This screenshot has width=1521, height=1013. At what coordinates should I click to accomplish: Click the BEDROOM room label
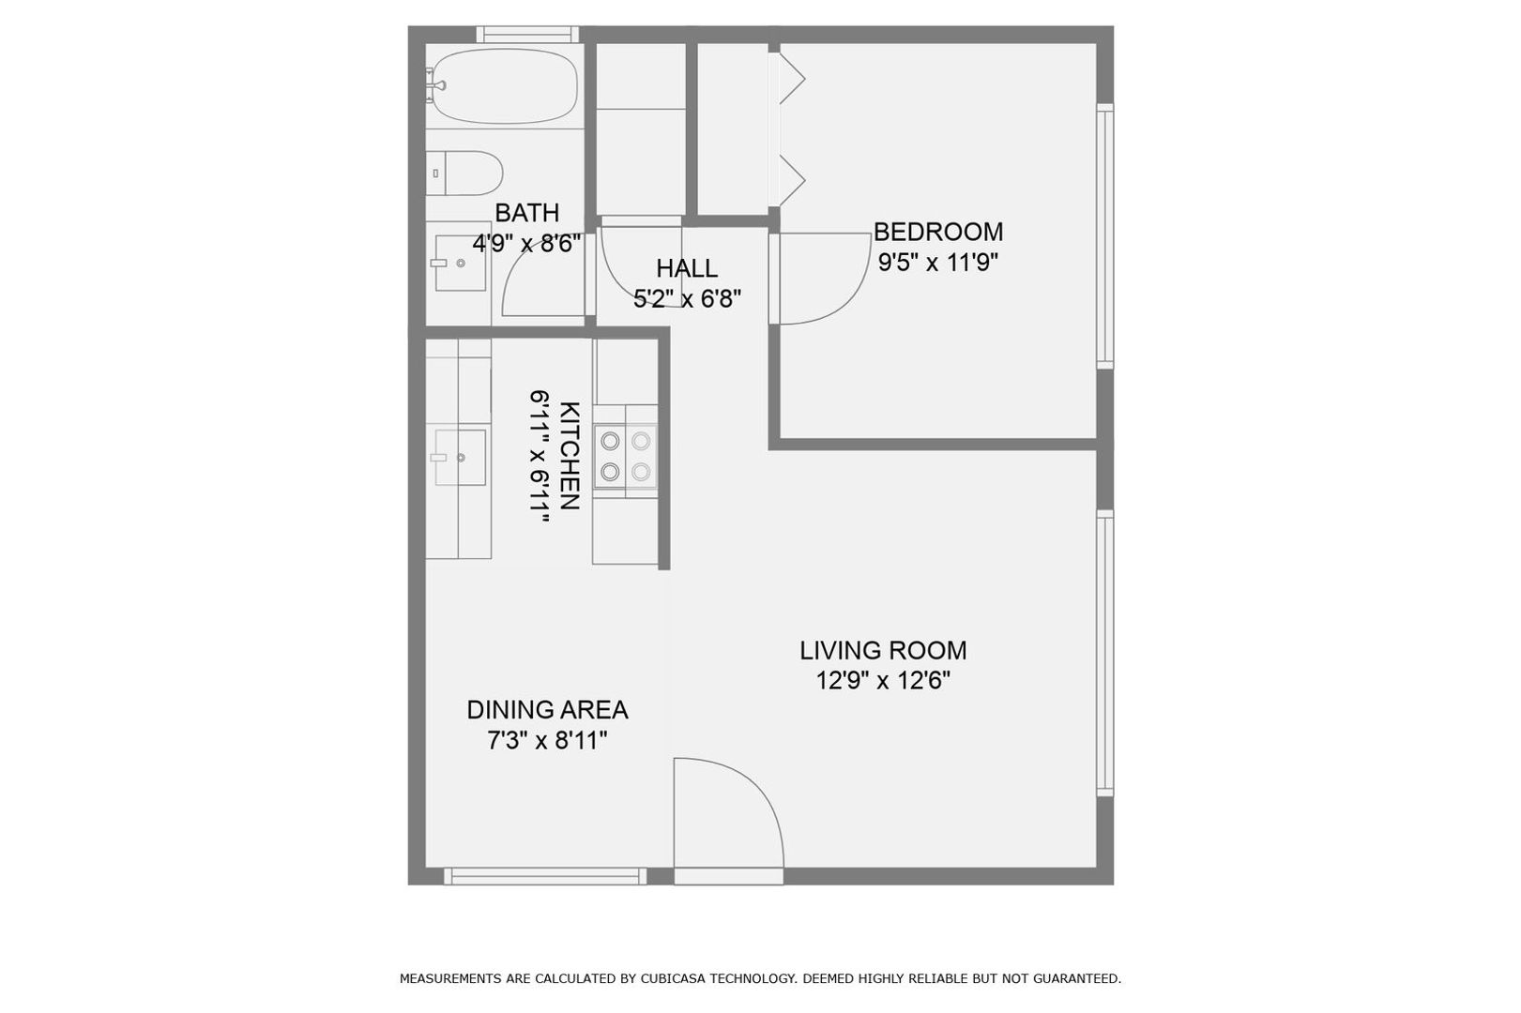tap(937, 233)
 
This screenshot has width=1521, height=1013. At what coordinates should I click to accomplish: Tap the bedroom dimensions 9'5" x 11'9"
tap(937, 262)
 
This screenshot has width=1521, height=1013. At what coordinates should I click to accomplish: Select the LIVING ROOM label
tap(883, 650)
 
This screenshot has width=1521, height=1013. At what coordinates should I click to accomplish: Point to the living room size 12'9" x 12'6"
tap(883, 680)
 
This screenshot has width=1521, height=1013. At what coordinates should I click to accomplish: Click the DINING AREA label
tap(547, 710)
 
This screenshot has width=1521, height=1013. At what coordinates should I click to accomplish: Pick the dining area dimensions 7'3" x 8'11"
tap(547, 740)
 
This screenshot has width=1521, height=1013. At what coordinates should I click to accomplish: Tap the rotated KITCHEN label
tap(570, 456)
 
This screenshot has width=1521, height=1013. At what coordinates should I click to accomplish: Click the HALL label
tap(687, 269)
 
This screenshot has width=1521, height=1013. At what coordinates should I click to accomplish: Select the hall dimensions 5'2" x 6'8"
tap(687, 298)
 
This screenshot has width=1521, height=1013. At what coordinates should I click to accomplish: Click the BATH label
tap(527, 213)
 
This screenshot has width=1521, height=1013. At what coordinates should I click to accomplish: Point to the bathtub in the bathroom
tap(504, 86)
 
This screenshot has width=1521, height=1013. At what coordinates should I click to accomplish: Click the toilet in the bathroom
tap(464, 174)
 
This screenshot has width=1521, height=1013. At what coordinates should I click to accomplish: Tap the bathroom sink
tap(460, 263)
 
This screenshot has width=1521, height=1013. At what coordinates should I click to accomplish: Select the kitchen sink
tap(460, 458)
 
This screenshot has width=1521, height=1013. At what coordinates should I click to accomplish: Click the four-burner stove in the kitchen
tap(625, 456)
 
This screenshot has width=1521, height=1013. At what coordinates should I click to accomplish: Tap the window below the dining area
tap(545, 877)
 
